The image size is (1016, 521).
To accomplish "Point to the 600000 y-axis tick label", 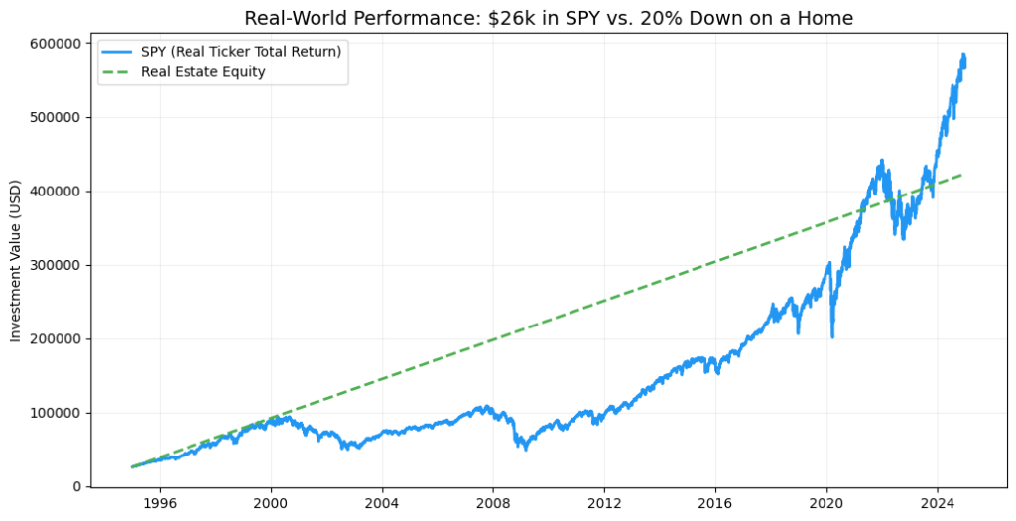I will [55, 44].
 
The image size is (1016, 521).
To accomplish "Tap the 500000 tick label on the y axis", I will [55, 117].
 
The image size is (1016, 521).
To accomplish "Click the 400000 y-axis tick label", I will [55, 192].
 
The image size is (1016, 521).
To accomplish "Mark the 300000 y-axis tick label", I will [55, 265].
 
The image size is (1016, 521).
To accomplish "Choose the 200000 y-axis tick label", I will [55, 339].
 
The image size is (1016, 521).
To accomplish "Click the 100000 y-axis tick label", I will [55, 413].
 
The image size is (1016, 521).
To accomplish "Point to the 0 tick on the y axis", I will [76, 487].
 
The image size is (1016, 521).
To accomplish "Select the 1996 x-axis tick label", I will [160, 503].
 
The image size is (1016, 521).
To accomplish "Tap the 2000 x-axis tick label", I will [271, 503].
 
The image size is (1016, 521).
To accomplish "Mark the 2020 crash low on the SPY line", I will [832, 337].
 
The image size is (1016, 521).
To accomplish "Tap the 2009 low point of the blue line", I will [526, 450].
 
